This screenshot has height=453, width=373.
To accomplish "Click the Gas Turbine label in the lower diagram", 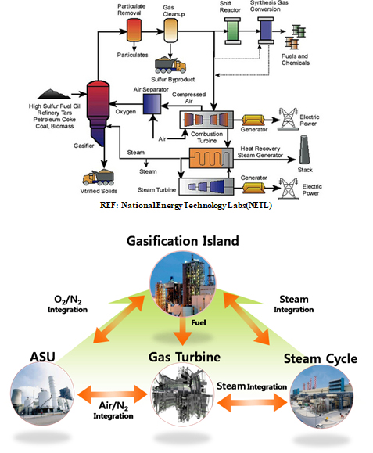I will pos(185,358).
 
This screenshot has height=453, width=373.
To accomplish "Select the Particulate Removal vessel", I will pos(136,31).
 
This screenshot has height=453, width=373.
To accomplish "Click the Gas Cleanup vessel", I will pos(171,31).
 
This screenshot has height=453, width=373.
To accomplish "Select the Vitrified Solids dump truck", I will pos(99,176).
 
